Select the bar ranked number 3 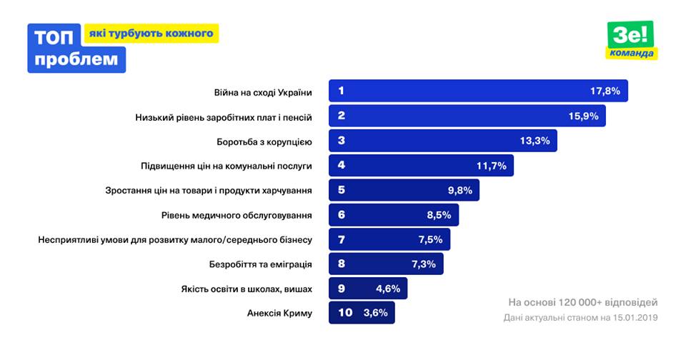click(442, 141)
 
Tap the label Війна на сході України click(263, 92)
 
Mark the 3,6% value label click(376, 313)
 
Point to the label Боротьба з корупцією click(264, 141)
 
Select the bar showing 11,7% click(421, 166)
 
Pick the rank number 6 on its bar click(342, 214)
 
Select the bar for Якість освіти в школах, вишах click(369, 289)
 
